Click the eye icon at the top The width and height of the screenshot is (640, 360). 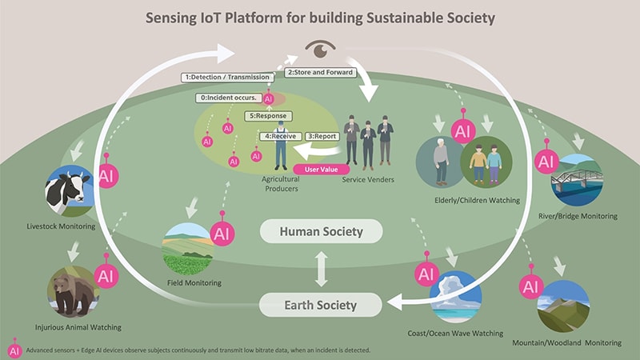point(322,50)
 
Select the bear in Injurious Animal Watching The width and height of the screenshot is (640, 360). point(73,291)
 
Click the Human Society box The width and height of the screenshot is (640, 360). point(321,232)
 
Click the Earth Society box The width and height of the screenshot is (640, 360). point(321,305)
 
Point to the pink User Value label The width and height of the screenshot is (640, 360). point(318,169)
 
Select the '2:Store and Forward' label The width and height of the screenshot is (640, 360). point(319,72)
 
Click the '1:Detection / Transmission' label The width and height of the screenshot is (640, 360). point(227,78)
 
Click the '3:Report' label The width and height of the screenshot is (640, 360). point(322,137)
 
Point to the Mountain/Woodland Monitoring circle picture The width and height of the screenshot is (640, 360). point(563,306)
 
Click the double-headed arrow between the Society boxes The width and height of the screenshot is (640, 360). point(321,269)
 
